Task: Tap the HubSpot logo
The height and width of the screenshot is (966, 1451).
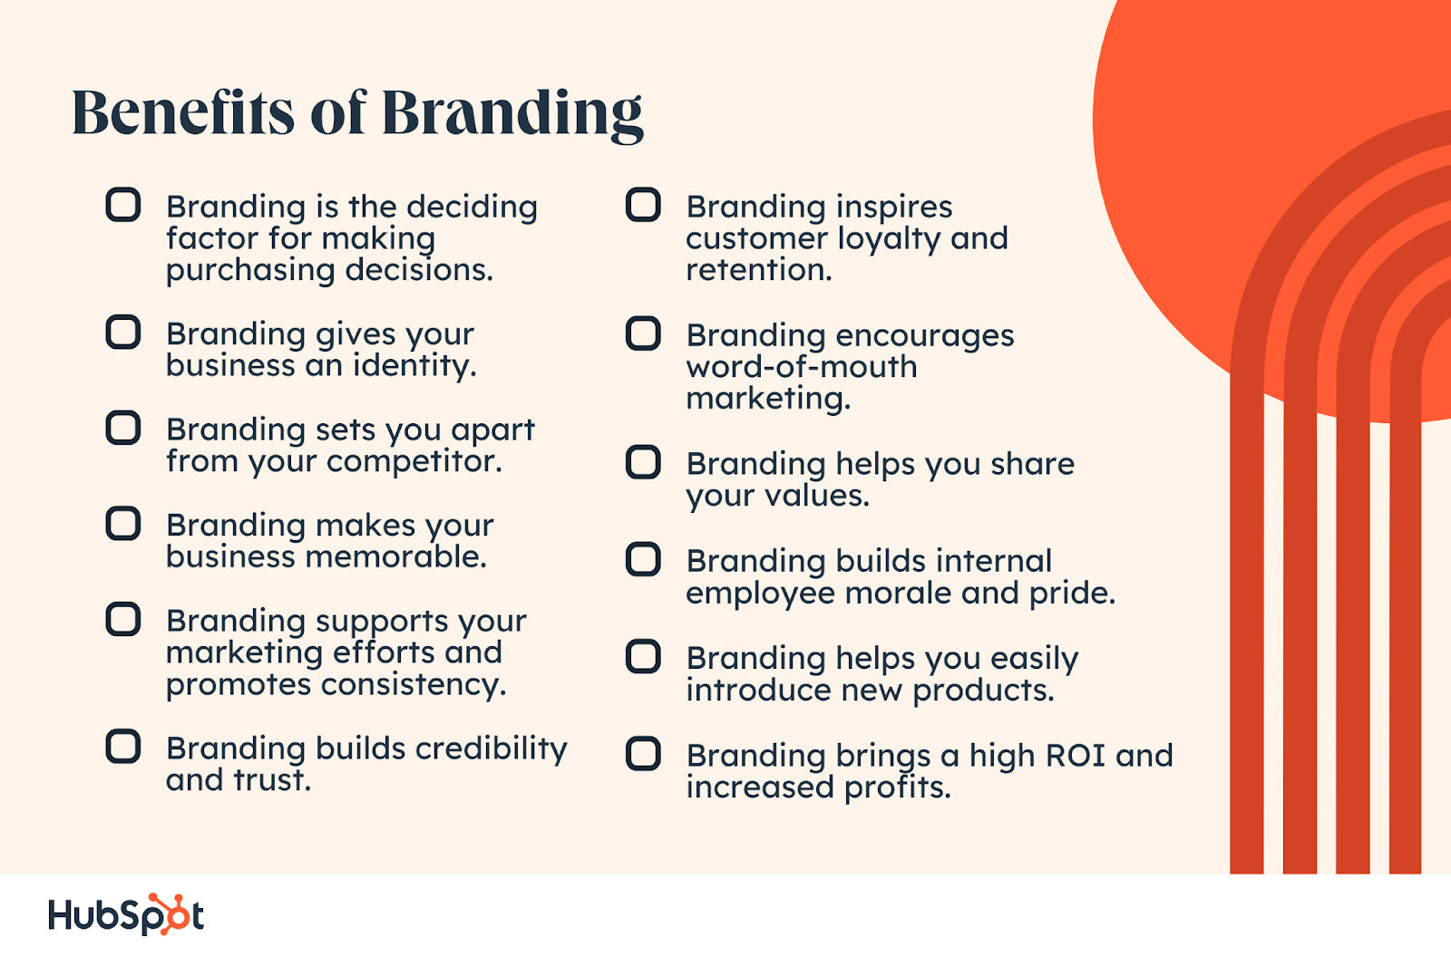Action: coord(126,914)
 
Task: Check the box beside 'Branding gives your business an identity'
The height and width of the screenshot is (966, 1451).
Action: coord(123,333)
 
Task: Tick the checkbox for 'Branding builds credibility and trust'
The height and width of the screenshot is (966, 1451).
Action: coord(123,747)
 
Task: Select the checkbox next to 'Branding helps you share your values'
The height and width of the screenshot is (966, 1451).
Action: coord(643,462)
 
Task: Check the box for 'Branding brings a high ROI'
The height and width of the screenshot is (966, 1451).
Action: coord(643,754)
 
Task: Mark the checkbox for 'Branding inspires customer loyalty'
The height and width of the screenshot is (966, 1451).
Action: coord(643,205)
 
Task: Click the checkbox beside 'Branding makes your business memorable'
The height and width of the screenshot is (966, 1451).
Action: coord(123,524)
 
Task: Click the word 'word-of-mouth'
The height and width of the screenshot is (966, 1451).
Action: coord(802,367)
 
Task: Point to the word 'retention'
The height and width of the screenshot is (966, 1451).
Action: coord(758,270)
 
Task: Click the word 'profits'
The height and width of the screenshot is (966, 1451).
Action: coord(897,787)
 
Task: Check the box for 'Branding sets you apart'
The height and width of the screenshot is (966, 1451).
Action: coord(123,428)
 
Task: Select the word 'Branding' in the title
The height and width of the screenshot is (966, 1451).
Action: coord(512,115)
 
